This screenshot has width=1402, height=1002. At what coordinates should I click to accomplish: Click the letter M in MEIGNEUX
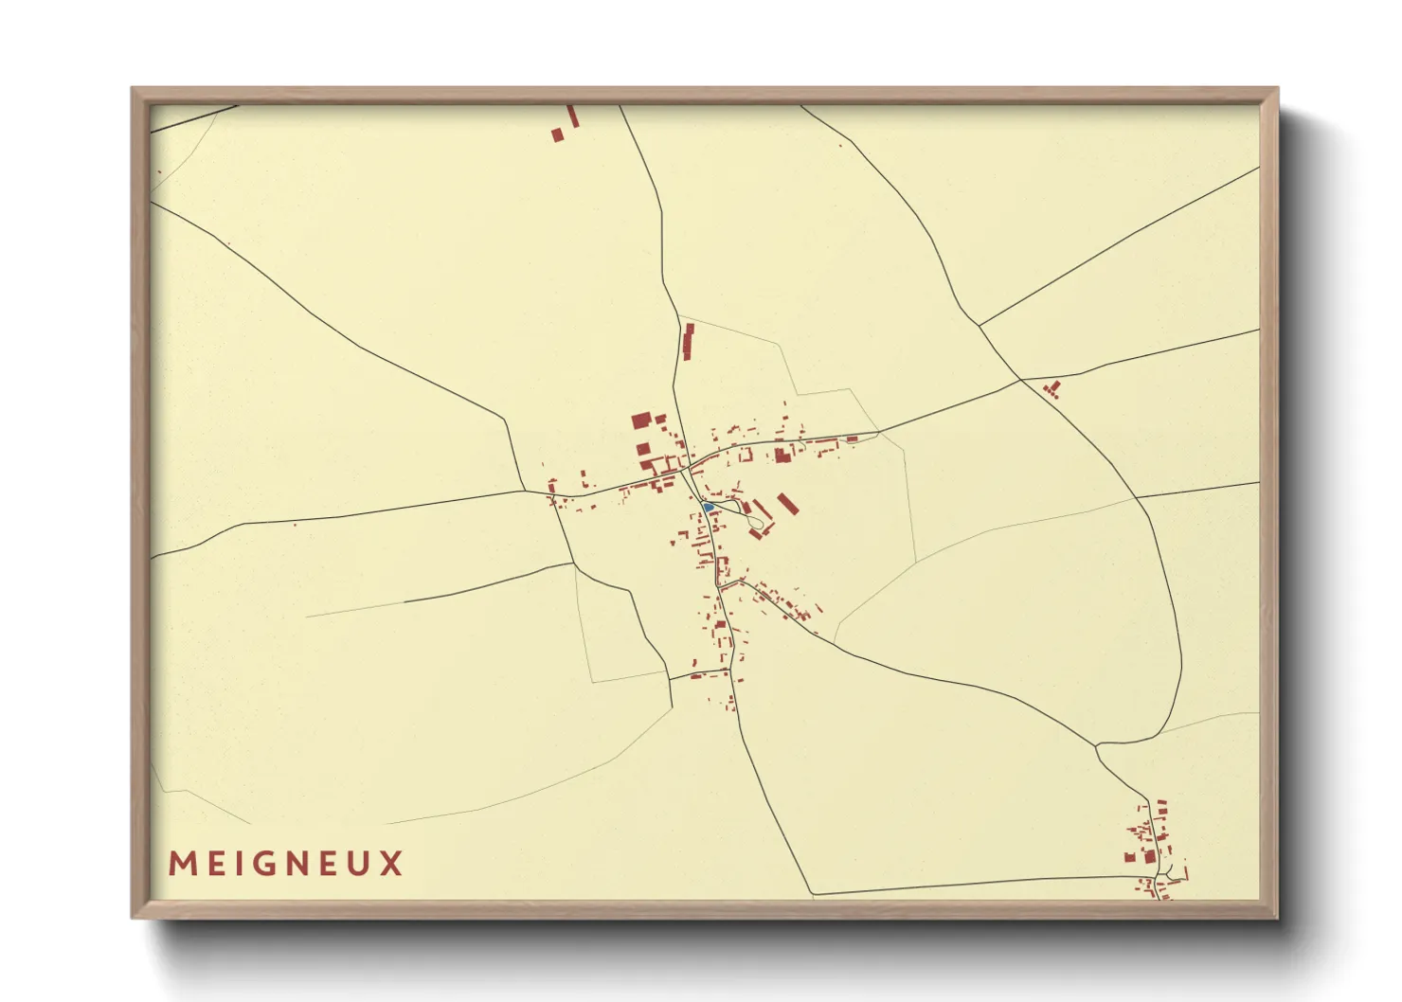(x=182, y=864)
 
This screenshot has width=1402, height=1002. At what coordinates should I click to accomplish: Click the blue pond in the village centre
(x=708, y=508)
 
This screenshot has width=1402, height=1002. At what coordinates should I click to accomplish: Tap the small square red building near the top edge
(x=558, y=135)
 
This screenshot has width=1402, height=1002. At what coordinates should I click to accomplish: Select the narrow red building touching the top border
(x=572, y=116)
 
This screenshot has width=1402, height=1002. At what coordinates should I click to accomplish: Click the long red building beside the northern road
(x=689, y=342)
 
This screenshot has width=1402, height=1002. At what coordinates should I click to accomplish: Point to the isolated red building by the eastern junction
(x=1051, y=388)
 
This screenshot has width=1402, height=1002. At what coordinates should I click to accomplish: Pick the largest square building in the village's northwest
(x=641, y=420)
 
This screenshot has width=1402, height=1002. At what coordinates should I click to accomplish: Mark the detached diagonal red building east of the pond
(x=788, y=504)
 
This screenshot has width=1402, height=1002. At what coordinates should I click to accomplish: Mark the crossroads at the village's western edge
(x=525, y=491)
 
